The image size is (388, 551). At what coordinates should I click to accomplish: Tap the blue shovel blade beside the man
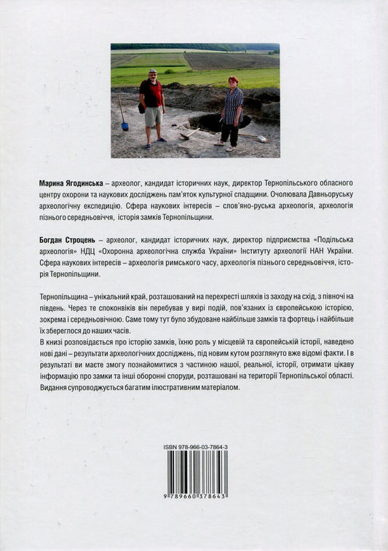[125, 126]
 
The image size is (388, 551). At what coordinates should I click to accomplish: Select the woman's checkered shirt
[232, 105]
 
